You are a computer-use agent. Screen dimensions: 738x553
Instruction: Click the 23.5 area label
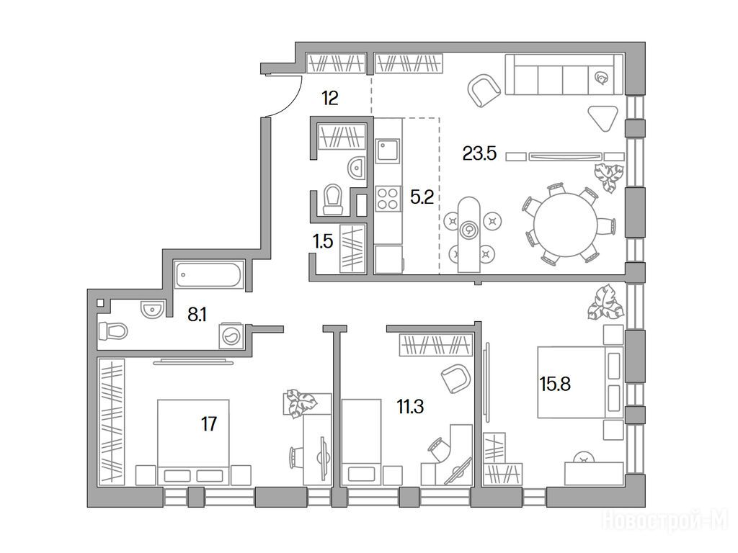pyautogui.click(x=479, y=153)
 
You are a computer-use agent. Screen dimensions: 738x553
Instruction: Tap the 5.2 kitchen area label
pyautogui.click(x=422, y=197)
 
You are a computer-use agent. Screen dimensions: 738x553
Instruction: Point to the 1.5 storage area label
pyautogui.click(x=323, y=242)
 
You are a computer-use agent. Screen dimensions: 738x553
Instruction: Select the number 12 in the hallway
pyautogui.click(x=330, y=98)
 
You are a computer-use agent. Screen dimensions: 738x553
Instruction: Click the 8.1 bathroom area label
pyautogui.click(x=197, y=315)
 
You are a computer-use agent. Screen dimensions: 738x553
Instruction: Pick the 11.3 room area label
pyautogui.click(x=410, y=406)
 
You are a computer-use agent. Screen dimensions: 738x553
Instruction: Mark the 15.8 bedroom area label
pyautogui.click(x=556, y=385)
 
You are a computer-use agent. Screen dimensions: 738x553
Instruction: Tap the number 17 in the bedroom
pyautogui.click(x=209, y=424)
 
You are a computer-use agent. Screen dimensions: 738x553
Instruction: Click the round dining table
pyautogui.click(x=565, y=225)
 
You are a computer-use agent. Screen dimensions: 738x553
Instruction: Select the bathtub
pyautogui.click(x=208, y=274)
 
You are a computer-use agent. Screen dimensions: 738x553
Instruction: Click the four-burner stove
pyautogui.click(x=388, y=197)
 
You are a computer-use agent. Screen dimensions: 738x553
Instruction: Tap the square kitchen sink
pyautogui.click(x=387, y=151)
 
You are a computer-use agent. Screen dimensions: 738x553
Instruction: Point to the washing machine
pyautogui.click(x=231, y=336)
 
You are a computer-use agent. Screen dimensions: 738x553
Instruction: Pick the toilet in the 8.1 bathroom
pyautogui.click(x=113, y=331)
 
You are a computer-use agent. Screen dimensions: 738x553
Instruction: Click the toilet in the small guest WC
pyautogui.click(x=333, y=199)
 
